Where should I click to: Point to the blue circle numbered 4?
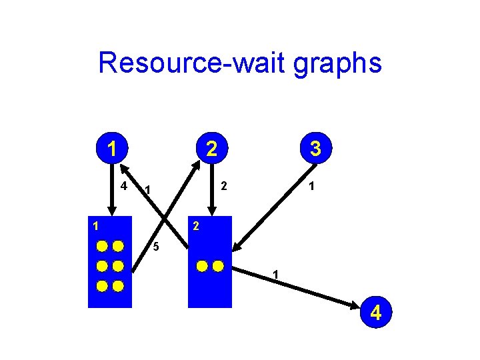coord(376,312)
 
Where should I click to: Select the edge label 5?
coord(155,247)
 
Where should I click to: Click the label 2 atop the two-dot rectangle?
coord(195,225)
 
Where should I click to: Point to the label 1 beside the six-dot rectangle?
coord(96,225)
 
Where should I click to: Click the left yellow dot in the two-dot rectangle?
coord(203,267)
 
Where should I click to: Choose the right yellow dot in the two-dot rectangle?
coord(218,267)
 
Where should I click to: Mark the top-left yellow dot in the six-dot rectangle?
coord(101,245)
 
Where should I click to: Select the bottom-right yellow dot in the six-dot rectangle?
coord(118,287)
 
